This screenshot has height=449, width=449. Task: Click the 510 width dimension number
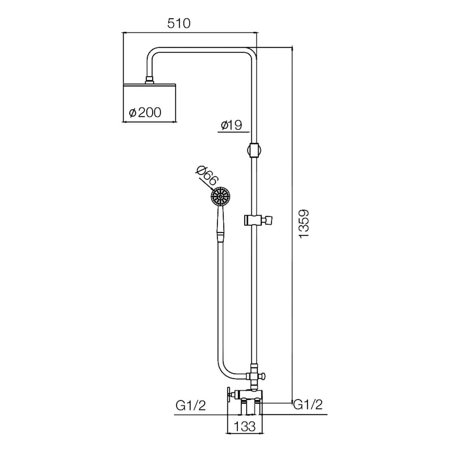(x=179, y=23)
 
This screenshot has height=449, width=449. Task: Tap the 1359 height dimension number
(x=304, y=224)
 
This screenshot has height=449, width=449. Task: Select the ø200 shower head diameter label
(x=145, y=113)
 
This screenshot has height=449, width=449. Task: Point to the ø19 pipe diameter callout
(x=232, y=125)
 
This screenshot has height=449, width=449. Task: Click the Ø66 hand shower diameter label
(x=207, y=176)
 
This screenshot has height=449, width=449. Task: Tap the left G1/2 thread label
(x=191, y=405)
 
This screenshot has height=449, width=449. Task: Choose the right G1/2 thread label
(x=308, y=405)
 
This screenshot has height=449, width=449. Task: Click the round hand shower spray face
(x=220, y=196)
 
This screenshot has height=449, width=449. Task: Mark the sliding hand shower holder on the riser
(x=258, y=220)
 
